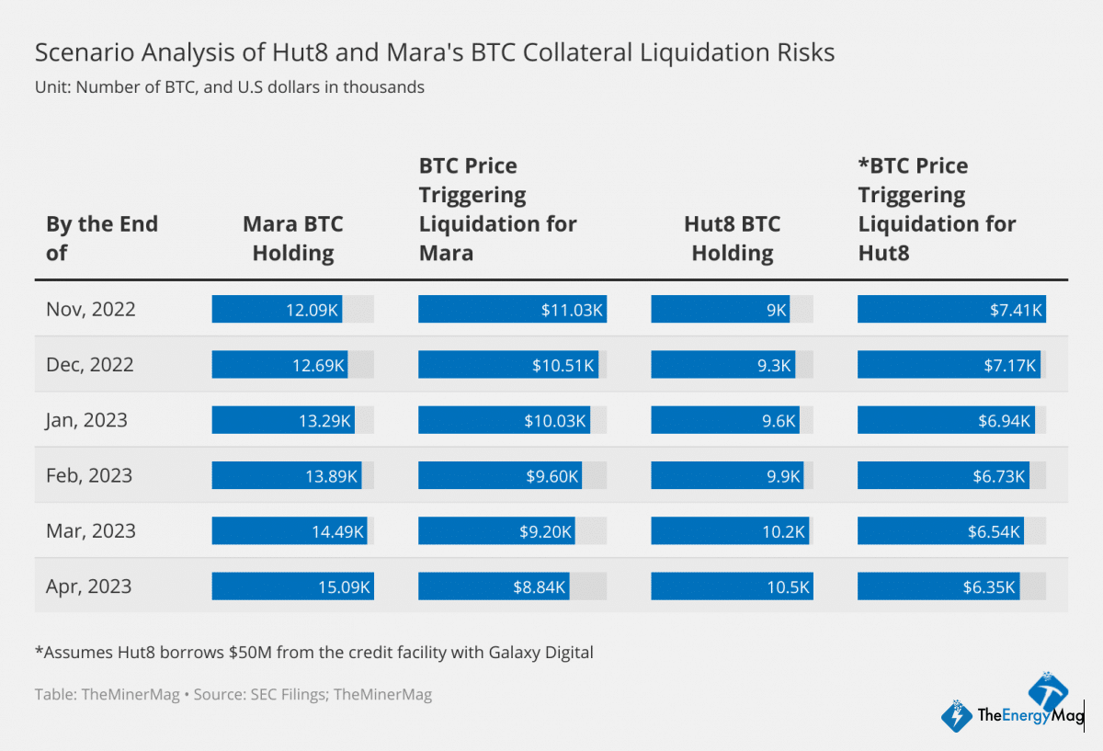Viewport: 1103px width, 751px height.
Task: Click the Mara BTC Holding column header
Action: [292, 238]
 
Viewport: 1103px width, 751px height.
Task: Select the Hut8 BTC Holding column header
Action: [732, 238]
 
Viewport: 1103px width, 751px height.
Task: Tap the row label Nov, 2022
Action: [90, 309]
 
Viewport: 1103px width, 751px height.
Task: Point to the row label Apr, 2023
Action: [89, 586]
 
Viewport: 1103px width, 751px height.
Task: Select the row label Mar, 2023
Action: [89, 531]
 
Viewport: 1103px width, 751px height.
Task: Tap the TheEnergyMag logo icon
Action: [958, 714]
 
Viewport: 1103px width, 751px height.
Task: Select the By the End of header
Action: [101, 238]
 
